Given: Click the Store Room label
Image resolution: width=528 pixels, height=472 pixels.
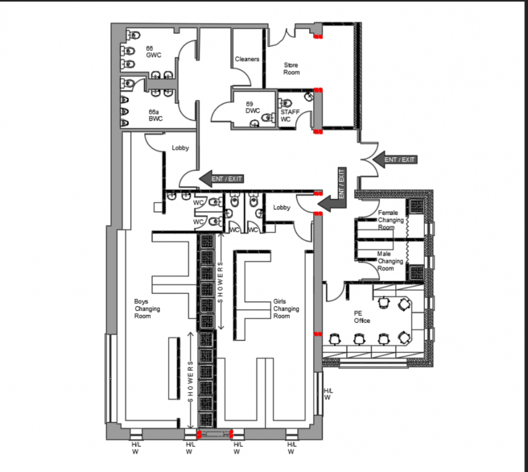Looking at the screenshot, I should [x=291, y=69].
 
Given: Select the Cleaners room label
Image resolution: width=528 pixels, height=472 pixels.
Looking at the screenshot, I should [x=247, y=59].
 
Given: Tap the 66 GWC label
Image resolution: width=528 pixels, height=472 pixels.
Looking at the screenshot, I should [x=152, y=52].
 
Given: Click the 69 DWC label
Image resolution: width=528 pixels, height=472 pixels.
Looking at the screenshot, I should [x=252, y=107].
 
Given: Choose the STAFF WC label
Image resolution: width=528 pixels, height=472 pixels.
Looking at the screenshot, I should [x=289, y=115].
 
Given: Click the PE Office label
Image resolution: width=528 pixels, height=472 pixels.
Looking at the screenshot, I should [x=362, y=317].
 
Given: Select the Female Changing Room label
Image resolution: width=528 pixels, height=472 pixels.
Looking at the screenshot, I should [x=390, y=220].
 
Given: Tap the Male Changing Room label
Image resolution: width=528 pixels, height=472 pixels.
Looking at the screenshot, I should [x=390, y=261].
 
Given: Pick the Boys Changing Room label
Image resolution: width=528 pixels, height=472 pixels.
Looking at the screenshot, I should [x=147, y=308].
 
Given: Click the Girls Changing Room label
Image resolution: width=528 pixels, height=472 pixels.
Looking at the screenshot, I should [x=285, y=309].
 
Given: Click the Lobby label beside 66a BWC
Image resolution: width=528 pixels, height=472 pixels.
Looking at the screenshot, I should [x=180, y=148].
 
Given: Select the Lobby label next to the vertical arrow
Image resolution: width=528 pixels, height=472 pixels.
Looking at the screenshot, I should [x=282, y=207].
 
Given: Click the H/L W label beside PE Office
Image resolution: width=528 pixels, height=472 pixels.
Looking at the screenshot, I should [x=327, y=394].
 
